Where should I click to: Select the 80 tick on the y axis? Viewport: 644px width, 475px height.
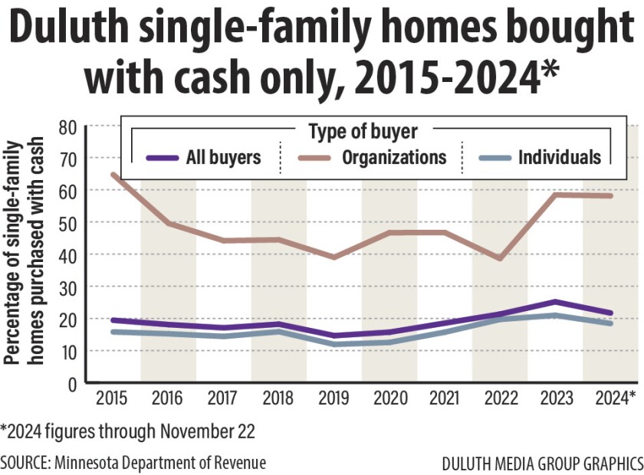pos(67,126)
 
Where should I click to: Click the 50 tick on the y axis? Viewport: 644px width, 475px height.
pos(67,222)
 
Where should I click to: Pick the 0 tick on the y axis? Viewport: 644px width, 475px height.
pos(72,383)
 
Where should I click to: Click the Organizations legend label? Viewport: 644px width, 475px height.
pos(394,158)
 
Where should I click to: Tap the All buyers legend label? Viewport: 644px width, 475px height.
pos(223,158)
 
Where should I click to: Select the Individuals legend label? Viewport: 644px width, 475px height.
pos(560,158)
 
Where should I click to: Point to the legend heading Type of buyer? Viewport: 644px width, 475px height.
pos(373,132)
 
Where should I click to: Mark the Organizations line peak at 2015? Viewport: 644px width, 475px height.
pos(113,175)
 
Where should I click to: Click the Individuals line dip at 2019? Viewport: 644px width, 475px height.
pos(333,344)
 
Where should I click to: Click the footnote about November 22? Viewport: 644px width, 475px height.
pos(127,432)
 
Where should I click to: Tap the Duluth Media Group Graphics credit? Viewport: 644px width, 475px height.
pos(542,464)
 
